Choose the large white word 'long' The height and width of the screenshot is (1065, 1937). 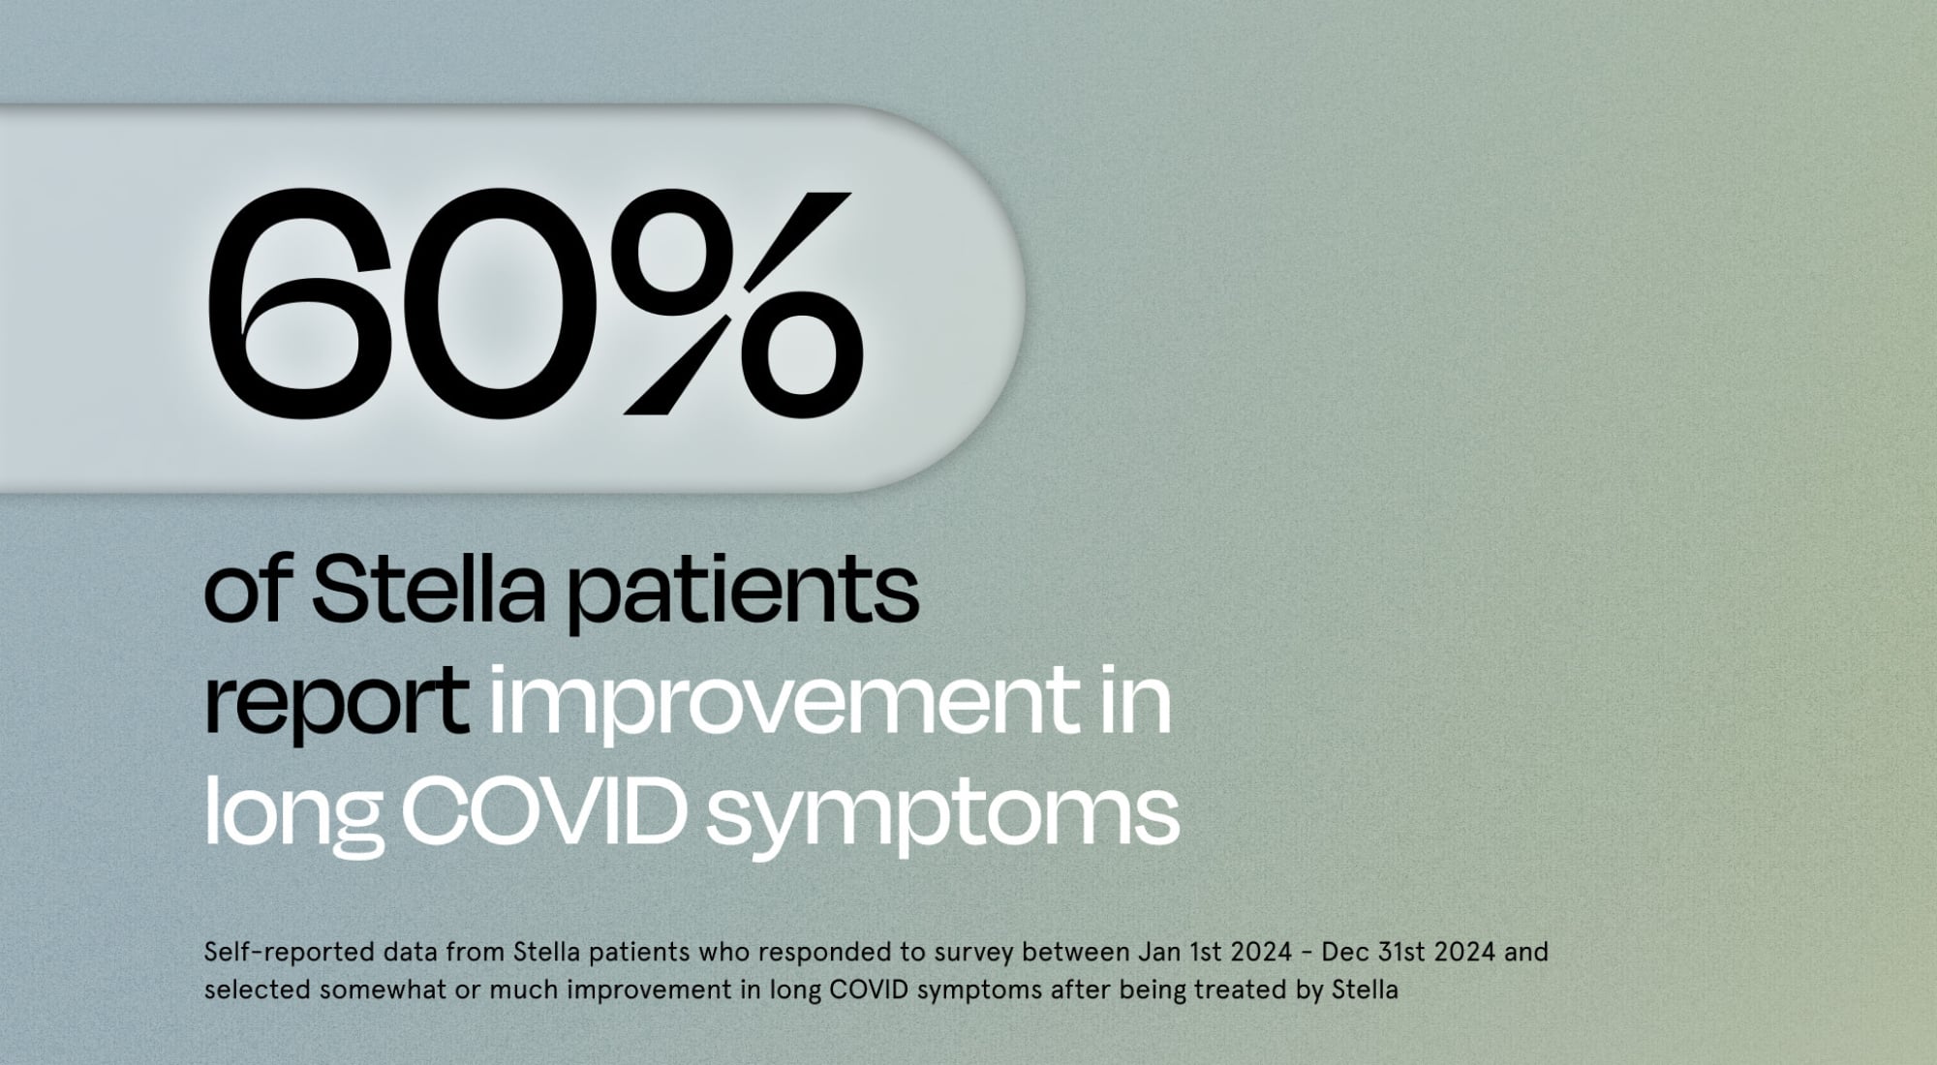290,813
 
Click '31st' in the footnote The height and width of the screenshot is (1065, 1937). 1399,952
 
